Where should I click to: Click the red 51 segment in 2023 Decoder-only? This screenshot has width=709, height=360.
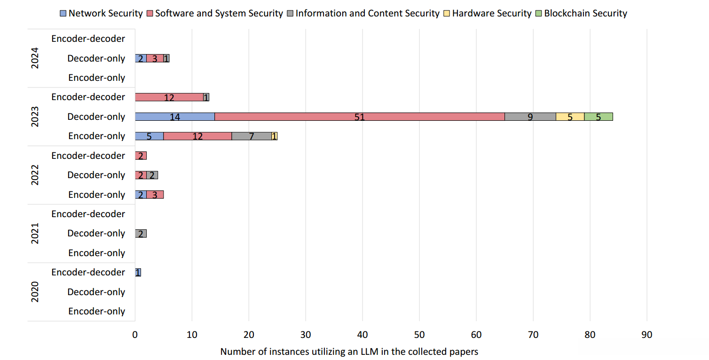click(360, 117)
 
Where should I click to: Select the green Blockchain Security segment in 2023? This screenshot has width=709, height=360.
click(598, 117)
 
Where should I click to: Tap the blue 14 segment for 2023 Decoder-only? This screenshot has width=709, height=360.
click(174, 117)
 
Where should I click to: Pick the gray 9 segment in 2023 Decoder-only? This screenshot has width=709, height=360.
click(530, 117)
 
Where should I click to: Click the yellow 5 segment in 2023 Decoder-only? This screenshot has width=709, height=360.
click(570, 117)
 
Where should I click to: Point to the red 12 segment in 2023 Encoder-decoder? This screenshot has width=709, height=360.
click(169, 97)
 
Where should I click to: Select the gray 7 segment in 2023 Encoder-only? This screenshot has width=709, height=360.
click(252, 136)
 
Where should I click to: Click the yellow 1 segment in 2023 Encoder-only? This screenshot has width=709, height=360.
click(275, 136)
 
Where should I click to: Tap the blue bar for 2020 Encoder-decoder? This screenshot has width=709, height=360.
click(138, 273)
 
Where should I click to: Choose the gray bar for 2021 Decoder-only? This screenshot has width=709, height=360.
click(141, 234)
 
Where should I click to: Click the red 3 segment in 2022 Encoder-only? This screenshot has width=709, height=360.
click(155, 195)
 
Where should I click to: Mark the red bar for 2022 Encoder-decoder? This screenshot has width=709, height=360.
click(141, 156)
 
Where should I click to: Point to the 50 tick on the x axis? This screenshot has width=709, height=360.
click(419, 335)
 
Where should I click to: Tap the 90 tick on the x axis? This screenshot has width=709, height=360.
click(647, 335)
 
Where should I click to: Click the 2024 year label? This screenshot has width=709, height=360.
click(35, 58)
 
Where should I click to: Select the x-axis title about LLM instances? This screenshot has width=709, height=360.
click(349, 352)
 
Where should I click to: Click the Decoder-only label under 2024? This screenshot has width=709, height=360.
click(96, 59)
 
